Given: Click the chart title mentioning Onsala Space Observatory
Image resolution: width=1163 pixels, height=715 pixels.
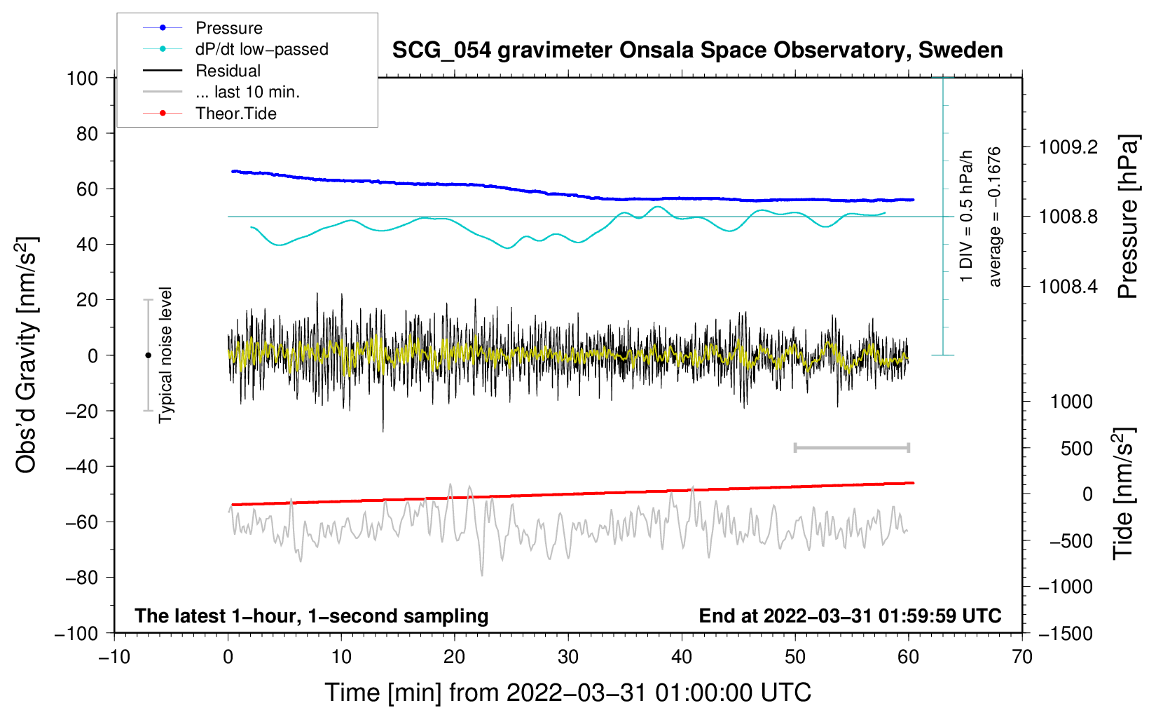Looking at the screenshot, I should [x=697, y=50].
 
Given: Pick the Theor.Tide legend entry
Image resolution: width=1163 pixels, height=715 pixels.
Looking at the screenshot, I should [x=235, y=114].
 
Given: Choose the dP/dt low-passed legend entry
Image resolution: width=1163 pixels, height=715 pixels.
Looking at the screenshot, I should [x=261, y=49].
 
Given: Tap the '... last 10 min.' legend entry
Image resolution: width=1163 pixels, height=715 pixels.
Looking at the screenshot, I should [x=247, y=92].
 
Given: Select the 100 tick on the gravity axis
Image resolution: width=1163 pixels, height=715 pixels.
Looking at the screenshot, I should [x=82, y=78].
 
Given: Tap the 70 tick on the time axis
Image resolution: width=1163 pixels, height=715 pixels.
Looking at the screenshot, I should [x=1022, y=657].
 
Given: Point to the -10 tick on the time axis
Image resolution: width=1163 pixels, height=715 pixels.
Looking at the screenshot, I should [x=114, y=657].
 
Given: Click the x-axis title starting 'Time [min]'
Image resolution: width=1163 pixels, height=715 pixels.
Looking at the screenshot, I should [x=567, y=693].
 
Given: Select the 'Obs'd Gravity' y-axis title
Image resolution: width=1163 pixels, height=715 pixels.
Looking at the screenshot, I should [x=26, y=355].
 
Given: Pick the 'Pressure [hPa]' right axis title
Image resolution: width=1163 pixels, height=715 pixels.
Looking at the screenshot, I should [x=1127, y=217].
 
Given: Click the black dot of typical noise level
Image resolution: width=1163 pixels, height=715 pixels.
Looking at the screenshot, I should [x=148, y=355].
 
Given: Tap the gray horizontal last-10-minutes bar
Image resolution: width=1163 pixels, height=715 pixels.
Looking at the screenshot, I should [x=851, y=447].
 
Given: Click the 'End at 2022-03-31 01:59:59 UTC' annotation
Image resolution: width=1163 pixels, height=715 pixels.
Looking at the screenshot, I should [x=850, y=616].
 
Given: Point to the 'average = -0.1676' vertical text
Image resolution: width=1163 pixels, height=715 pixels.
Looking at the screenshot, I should [x=994, y=217].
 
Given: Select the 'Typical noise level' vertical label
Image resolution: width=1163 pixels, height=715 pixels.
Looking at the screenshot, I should [x=165, y=355].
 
